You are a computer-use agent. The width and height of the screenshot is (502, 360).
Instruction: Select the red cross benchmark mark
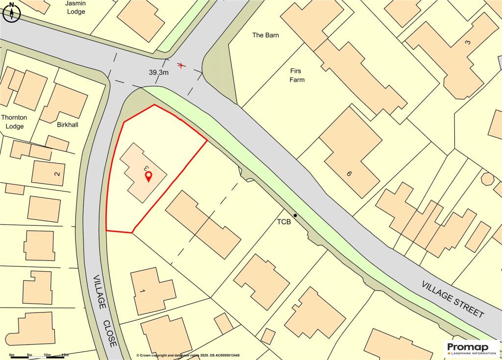point(182,65)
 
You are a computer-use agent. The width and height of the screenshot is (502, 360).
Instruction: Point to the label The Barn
point(265,35)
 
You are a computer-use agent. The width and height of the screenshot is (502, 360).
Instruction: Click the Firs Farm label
point(297,75)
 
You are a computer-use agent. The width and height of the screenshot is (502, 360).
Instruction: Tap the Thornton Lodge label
point(14,122)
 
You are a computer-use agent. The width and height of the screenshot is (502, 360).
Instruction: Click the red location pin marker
point(149,176)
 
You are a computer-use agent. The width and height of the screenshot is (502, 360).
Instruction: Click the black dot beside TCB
point(295,216)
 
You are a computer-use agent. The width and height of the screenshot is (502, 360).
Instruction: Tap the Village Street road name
point(453,299)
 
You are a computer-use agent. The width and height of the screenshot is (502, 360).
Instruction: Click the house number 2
point(57,173)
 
